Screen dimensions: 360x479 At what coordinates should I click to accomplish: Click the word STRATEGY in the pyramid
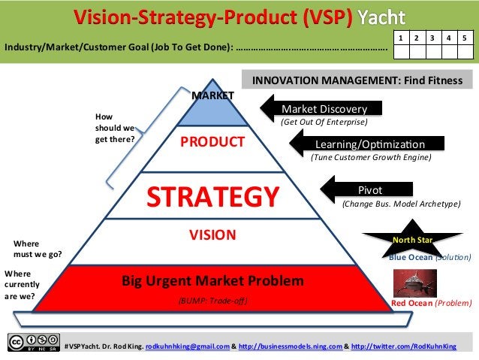212,196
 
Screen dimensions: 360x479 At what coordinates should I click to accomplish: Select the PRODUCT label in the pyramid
212,143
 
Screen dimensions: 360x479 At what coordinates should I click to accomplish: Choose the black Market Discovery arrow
325,108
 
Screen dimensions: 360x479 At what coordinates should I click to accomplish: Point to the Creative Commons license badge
33,341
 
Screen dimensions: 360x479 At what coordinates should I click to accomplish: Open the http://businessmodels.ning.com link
291,346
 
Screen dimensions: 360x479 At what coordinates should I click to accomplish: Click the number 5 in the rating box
465,37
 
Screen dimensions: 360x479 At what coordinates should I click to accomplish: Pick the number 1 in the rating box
401,37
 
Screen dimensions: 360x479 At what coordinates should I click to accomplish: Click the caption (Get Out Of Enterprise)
324,122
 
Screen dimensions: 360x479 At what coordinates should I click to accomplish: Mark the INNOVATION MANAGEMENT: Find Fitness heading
357,79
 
